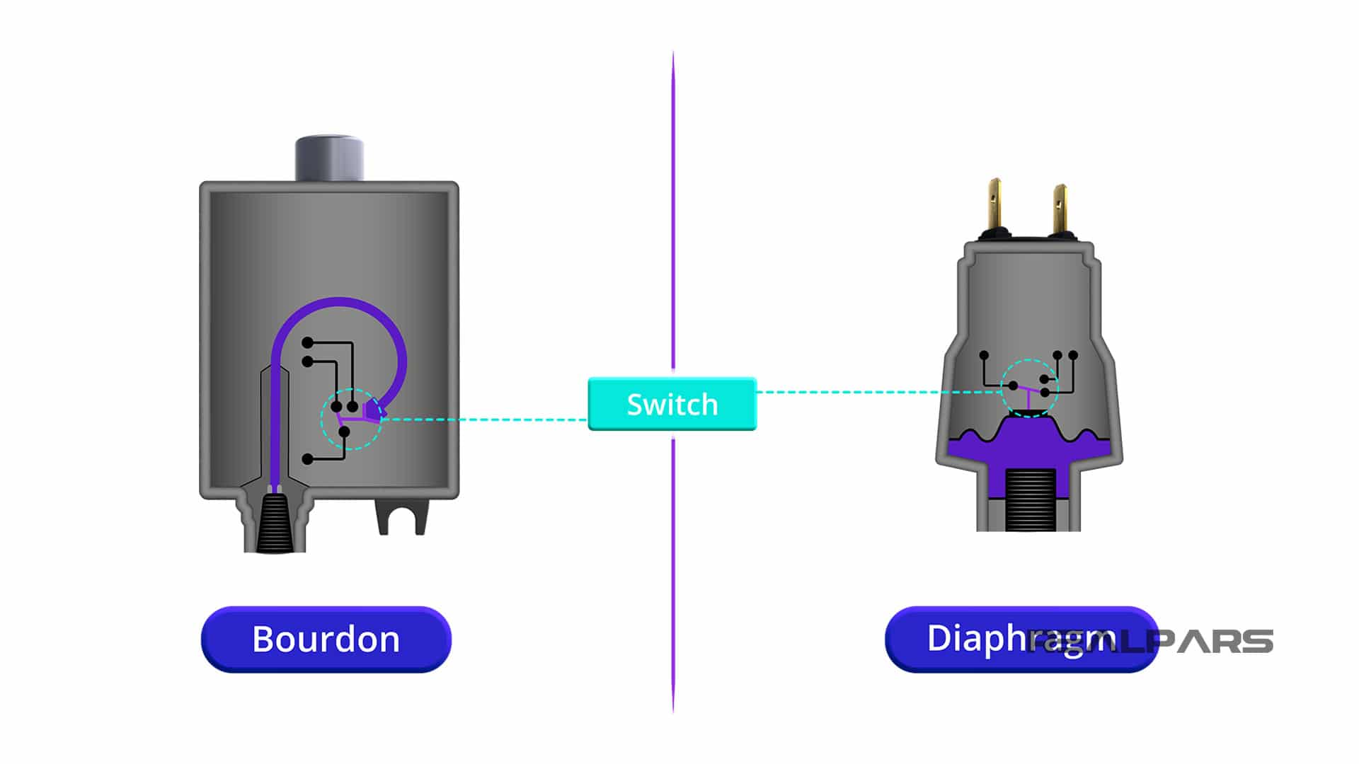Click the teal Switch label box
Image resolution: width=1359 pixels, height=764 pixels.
tap(672, 404)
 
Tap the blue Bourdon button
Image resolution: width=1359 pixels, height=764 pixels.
tap(326, 639)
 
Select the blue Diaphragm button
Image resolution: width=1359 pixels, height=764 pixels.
tap(1021, 639)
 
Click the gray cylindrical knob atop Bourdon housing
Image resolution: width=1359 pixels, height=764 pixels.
tap(329, 158)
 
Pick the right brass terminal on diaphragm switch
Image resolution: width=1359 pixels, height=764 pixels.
tap(1060, 209)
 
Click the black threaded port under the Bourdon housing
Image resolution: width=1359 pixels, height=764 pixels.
tap(275, 523)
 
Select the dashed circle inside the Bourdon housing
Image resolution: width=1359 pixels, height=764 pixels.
tap(351, 419)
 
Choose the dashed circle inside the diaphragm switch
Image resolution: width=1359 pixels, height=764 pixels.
tap(1030, 388)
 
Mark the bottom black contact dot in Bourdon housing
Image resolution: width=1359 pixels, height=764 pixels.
tap(307, 459)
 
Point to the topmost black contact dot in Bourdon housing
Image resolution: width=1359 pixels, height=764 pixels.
tap(307, 343)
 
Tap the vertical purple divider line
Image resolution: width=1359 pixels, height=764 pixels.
tap(673, 212)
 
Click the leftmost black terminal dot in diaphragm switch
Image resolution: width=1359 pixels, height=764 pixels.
tap(984, 355)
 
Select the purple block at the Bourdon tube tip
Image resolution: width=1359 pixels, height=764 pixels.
tap(372, 410)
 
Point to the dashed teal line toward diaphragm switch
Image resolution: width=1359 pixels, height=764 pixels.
tap(878, 392)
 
